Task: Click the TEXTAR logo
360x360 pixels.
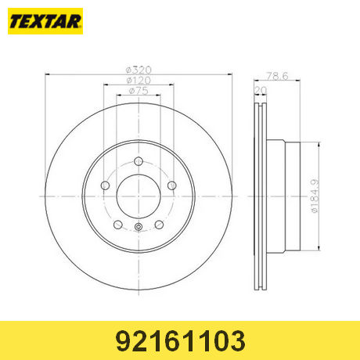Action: pyautogui.click(x=45, y=21)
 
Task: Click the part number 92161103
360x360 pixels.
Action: pyautogui.click(x=181, y=340)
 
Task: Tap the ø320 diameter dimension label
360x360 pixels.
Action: pyautogui.click(x=139, y=70)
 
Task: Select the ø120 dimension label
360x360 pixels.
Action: pyautogui.click(x=139, y=80)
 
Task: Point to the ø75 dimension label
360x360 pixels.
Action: pyautogui.click(x=139, y=91)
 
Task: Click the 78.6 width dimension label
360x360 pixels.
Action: pyautogui.click(x=277, y=76)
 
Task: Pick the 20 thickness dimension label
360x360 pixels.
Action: pyautogui.click(x=261, y=90)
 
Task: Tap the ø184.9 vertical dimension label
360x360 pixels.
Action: pyautogui.click(x=315, y=196)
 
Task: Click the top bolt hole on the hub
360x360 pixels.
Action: pyautogui.click(x=139, y=161)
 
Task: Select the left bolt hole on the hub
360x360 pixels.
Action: pyautogui.click(x=105, y=185)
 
